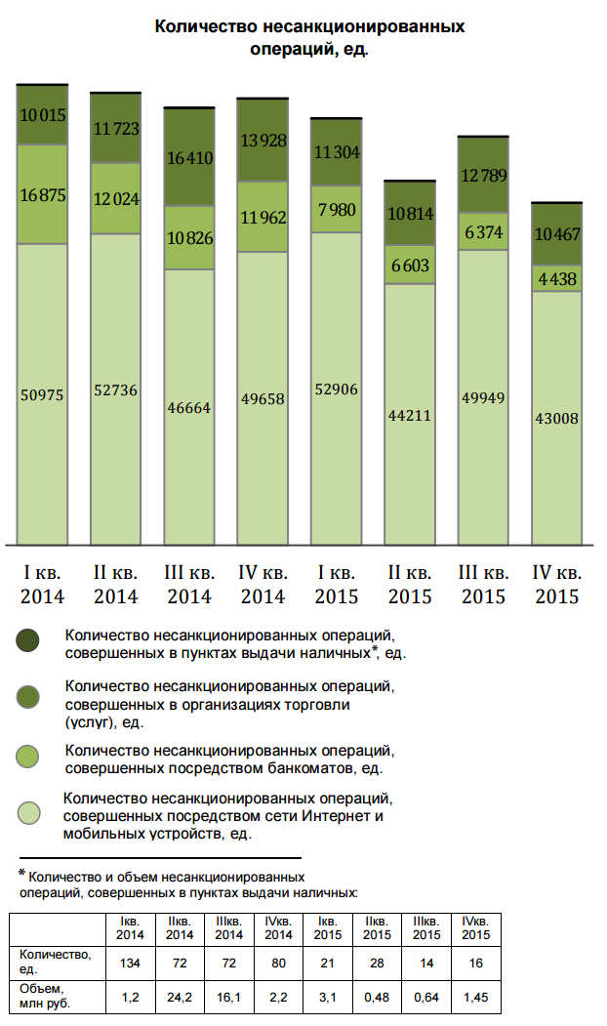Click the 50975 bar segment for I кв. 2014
[x=42, y=393]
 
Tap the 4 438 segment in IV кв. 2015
[x=557, y=278]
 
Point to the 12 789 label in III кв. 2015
[x=484, y=175]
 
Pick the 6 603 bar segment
[x=410, y=266]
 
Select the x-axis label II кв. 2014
[x=115, y=584]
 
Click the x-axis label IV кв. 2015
[x=557, y=584]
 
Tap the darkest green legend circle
[x=28, y=641]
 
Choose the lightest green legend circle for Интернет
[x=28, y=813]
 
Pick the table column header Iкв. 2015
[x=327, y=928]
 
